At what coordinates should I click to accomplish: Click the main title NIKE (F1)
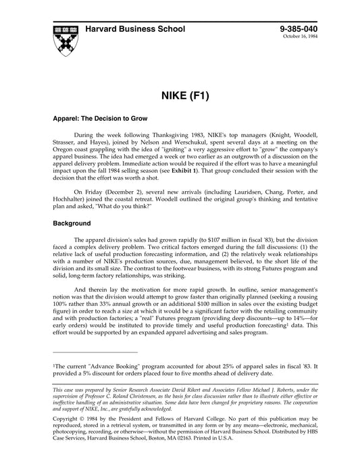[180, 94]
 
